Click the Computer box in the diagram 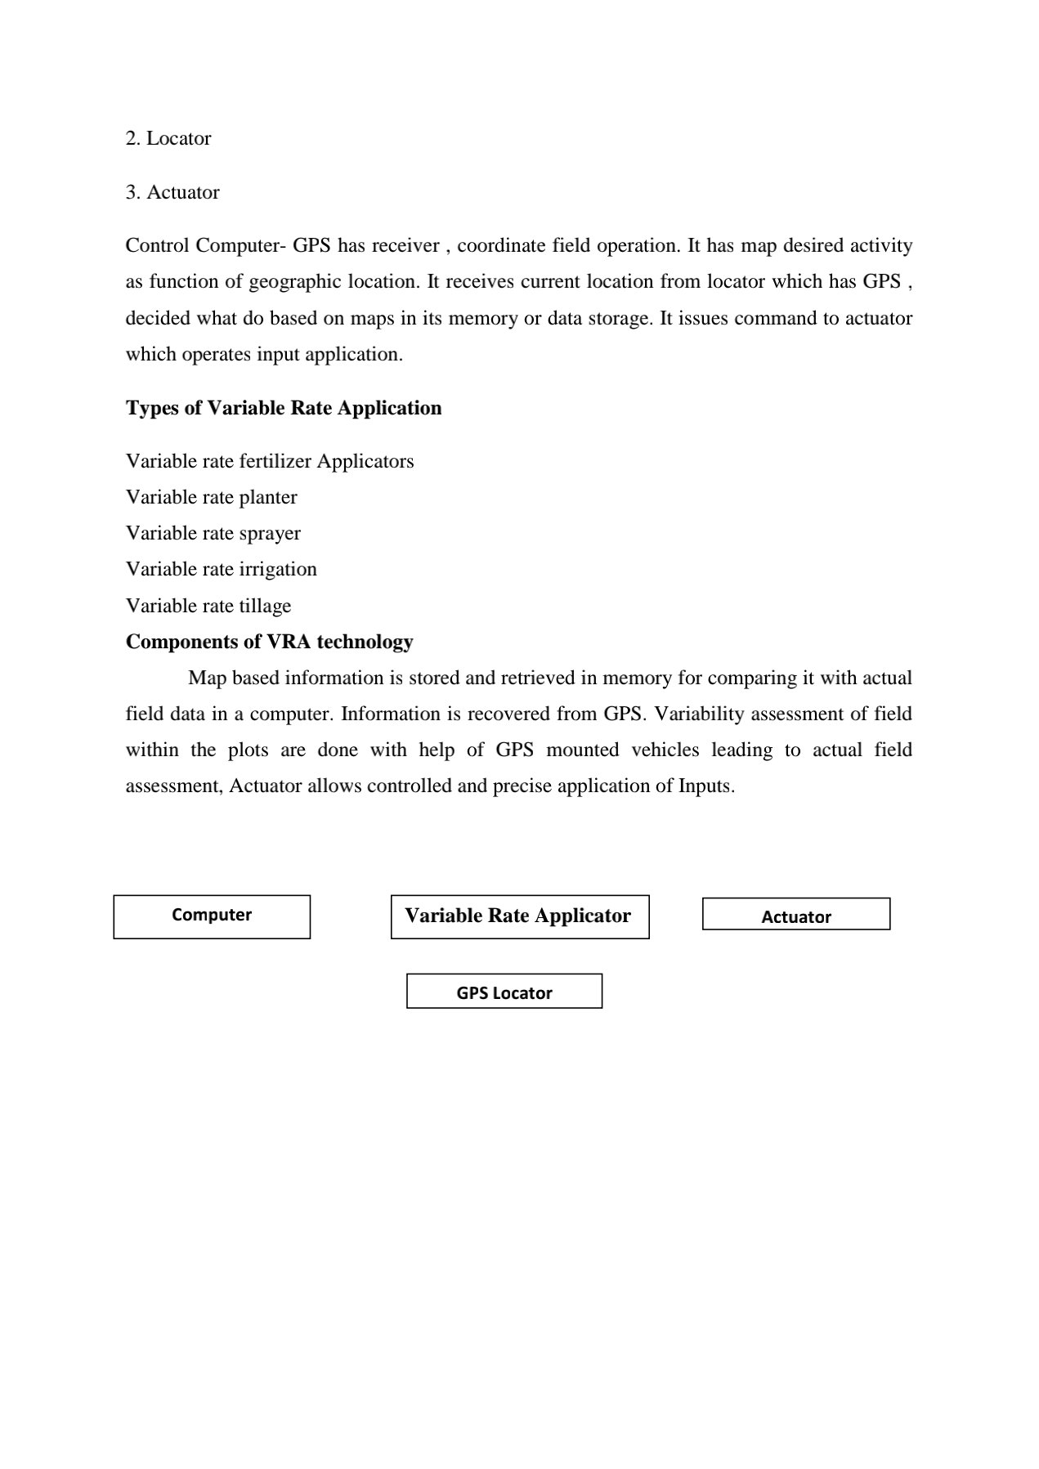coord(212,916)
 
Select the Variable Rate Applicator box coord(519,916)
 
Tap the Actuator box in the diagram coord(795,914)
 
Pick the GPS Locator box coord(504,991)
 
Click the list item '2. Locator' coord(168,138)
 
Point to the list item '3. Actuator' coord(172,192)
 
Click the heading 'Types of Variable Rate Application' coord(284,408)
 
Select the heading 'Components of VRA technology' coord(269,642)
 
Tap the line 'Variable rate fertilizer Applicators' coord(270,461)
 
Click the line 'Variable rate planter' coord(211,497)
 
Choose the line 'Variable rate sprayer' coord(213,533)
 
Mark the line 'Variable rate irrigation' coord(221,569)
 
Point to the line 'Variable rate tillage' coord(208,606)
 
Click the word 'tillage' coord(265,606)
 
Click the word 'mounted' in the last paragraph coord(582,750)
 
